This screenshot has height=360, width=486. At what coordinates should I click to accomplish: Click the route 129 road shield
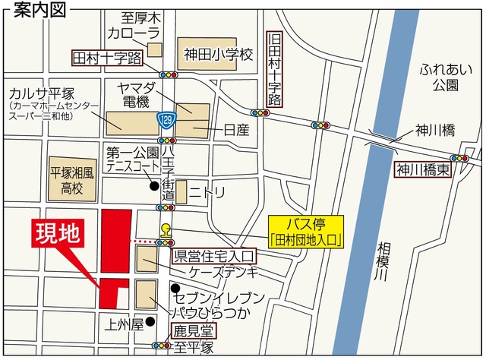point(165,118)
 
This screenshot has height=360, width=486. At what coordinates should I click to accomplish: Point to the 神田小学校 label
point(217,54)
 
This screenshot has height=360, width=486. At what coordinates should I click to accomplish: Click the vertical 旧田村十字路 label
point(275,68)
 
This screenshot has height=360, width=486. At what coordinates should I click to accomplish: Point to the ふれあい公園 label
point(440,76)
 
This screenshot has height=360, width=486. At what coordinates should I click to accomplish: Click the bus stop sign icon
point(166,230)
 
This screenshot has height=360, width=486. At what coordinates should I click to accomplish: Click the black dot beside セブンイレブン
point(175,288)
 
